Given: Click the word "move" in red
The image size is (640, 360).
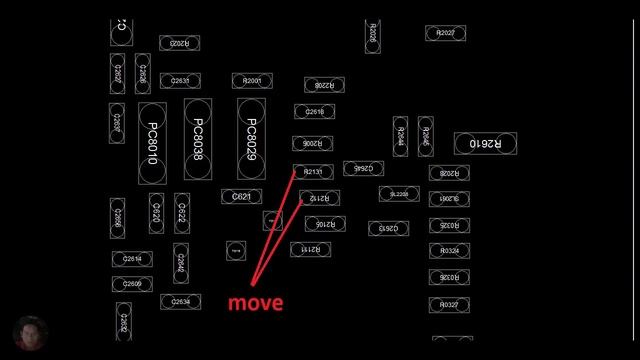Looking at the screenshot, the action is tap(255, 302).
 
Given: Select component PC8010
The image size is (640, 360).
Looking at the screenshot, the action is tap(152, 144).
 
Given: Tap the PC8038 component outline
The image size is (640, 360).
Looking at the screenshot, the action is tap(198, 140).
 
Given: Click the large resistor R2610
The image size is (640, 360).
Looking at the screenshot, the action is tap(485, 144).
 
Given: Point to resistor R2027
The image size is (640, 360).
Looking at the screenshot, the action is tap(445, 33).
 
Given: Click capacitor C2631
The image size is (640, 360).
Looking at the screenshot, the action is tap(175, 80).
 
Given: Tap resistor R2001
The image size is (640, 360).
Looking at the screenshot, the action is tap(252, 80).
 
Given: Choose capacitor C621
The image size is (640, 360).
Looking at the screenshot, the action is tap(241, 197).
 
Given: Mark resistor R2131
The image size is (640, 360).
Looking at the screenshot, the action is tap(312, 172).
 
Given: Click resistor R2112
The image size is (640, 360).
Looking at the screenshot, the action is tap(319, 198).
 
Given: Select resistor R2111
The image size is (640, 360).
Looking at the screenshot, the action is tap(312, 248).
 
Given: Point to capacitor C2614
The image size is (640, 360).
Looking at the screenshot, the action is tap(132, 259).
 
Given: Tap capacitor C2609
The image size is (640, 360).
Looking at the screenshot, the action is tap(132, 284).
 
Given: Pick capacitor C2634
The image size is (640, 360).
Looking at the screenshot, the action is tap(175, 300).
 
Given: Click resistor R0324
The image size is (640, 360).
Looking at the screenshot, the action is tap(449, 250).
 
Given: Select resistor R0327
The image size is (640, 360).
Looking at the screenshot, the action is tap(449, 304).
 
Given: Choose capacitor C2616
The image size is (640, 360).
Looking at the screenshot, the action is tap(314, 112).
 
